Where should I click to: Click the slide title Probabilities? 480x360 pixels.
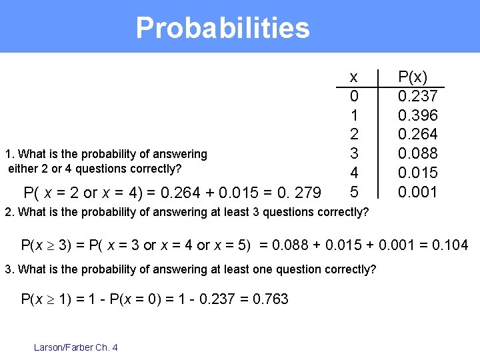(x=223, y=28)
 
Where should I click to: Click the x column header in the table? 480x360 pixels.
(x=353, y=76)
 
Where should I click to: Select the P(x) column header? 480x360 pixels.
(x=413, y=76)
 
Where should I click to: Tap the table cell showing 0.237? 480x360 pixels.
(x=417, y=96)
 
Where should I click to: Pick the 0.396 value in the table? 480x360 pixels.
(x=417, y=115)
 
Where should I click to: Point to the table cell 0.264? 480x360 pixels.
(x=417, y=135)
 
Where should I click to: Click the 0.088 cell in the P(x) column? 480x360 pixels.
(x=417, y=154)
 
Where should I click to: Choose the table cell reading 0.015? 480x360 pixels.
(x=417, y=173)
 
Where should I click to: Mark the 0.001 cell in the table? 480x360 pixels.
(x=417, y=192)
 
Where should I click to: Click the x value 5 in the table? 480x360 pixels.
(x=354, y=192)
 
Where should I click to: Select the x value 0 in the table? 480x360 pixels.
(x=354, y=96)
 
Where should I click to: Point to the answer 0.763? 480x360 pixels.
(x=271, y=299)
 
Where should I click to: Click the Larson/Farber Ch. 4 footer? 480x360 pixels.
(x=75, y=347)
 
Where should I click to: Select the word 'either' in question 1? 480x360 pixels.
(x=23, y=168)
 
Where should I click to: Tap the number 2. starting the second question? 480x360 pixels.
(x=9, y=213)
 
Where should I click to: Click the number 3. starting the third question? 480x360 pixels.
(x=9, y=269)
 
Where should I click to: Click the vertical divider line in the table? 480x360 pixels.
(x=378, y=133)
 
